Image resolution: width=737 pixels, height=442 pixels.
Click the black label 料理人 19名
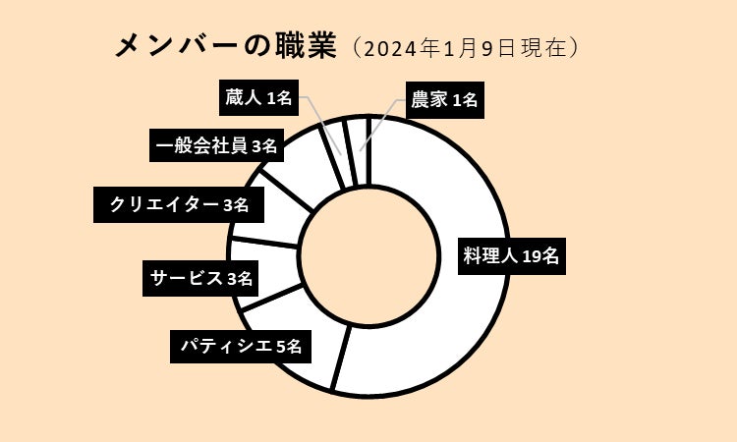[x=511, y=257]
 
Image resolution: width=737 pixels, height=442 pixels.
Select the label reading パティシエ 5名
[x=241, y=346]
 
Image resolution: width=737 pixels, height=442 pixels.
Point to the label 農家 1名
[x=443, y=100]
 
